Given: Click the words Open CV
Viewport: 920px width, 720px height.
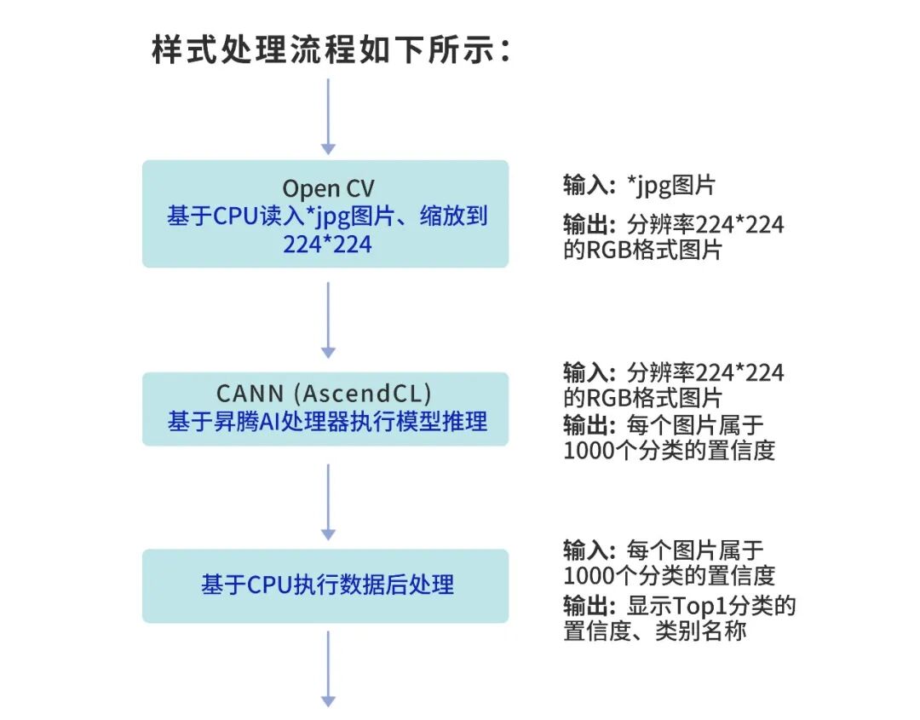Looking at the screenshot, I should (x=328, y=187).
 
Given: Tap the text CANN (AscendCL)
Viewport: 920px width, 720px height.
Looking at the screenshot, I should (x=325, y=394).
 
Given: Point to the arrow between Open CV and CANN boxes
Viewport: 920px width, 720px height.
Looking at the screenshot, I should (x=328, y=320).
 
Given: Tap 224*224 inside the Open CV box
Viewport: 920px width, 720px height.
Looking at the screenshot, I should (x=328, y=244).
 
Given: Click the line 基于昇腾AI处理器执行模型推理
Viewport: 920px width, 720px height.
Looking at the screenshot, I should (x=327, y=421).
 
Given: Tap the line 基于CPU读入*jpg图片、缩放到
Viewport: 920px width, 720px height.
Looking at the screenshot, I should (x=327, y=216).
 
